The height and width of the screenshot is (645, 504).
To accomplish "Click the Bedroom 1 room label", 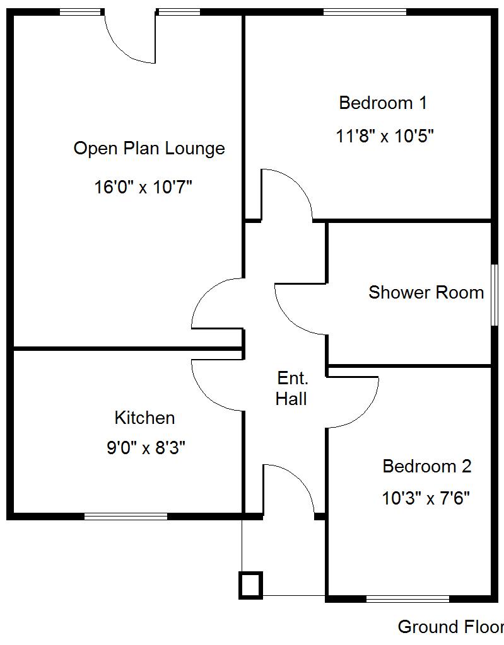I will click(x=383, y=103).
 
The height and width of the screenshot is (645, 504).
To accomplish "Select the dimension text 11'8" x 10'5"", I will click(x=385, y=136).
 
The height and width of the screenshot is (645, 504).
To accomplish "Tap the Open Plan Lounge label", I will click(x=149, y=149).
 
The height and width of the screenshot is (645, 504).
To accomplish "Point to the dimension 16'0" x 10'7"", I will click(x=143, y=187).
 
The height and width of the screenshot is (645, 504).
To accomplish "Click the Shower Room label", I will click(x=426, y=292).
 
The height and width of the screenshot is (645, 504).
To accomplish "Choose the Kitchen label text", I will click(x=144, y=418).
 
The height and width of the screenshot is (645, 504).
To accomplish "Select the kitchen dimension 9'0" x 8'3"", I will click(x=146, y=448).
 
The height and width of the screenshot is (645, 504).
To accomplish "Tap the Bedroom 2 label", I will click(x=426, y=467).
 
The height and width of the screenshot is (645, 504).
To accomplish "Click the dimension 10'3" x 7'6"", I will click(x=426, y=499).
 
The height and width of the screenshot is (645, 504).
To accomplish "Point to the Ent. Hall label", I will click(x=292, y=389).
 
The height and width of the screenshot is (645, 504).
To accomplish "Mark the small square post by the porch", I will click(x=250, y=585).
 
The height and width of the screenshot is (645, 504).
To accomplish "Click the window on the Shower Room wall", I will click(x=495, y=294).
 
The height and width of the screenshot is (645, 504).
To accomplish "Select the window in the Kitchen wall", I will click(x=126, y=517).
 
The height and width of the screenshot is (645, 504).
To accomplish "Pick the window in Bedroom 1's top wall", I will click(x=365, y=11).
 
